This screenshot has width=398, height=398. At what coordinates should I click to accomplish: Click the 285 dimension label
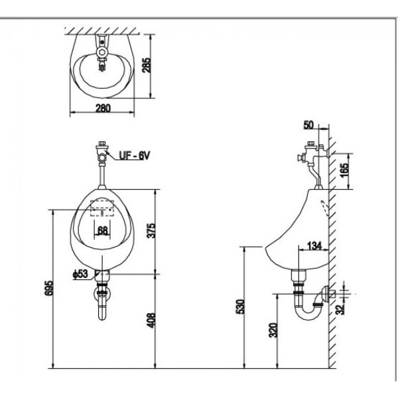pos(147,66)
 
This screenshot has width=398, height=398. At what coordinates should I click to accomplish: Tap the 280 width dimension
pos(103,108)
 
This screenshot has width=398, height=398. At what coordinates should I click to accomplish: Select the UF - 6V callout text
pos(135,155)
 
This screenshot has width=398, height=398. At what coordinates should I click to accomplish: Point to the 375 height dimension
pos(151,230)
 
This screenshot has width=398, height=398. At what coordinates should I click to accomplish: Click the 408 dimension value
pos(151,320)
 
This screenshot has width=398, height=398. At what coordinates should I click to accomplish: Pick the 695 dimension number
pos(49,288)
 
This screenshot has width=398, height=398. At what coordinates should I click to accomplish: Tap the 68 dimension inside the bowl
pos(103,231)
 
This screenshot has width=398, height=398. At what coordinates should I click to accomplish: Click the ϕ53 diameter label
pos(80,274)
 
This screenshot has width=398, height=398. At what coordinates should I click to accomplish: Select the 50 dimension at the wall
pos(308,125)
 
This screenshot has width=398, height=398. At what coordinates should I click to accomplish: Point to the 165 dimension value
pos(345,171)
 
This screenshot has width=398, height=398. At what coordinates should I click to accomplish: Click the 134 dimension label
pos(314,245)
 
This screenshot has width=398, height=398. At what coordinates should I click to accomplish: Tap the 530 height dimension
pos(240,306)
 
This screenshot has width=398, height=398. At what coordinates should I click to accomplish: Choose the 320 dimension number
pos(273,330)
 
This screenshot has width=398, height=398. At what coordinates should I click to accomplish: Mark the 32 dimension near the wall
pos(340,309)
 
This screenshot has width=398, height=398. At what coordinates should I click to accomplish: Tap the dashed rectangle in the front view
pos(102,208)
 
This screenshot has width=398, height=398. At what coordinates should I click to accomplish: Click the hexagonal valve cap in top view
pos(102,52)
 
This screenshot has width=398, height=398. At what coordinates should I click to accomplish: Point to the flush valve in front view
pos(102,153)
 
